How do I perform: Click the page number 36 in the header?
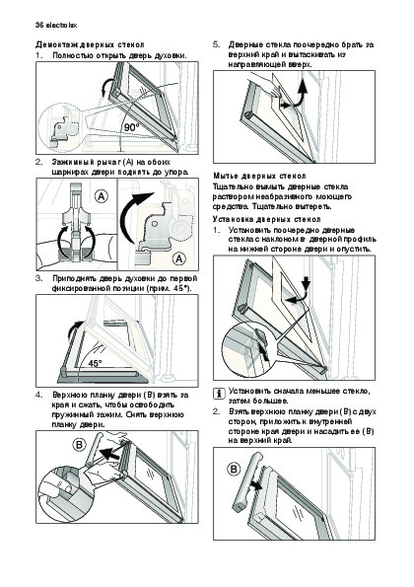(x=39, y=26)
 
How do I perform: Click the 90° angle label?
(x=131, y=128)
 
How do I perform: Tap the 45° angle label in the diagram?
(x=95, y=363)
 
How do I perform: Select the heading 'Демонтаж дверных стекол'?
(x=90, y=45)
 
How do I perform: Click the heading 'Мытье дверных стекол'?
(x=259, y=176)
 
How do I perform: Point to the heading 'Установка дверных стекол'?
(x=267, y=219)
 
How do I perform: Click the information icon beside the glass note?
(x=219, y=394)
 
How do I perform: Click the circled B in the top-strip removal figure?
(x=79, y=445)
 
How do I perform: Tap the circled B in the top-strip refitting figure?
(x=235, y=469)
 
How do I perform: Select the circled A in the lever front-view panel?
(x=102, y=196)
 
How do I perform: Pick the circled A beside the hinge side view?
(x=179, y=258)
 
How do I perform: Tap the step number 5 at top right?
(x=216, y=45)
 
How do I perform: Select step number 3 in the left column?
(x=38, y=278)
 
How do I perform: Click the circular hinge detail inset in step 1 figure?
(x=60, y=127)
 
